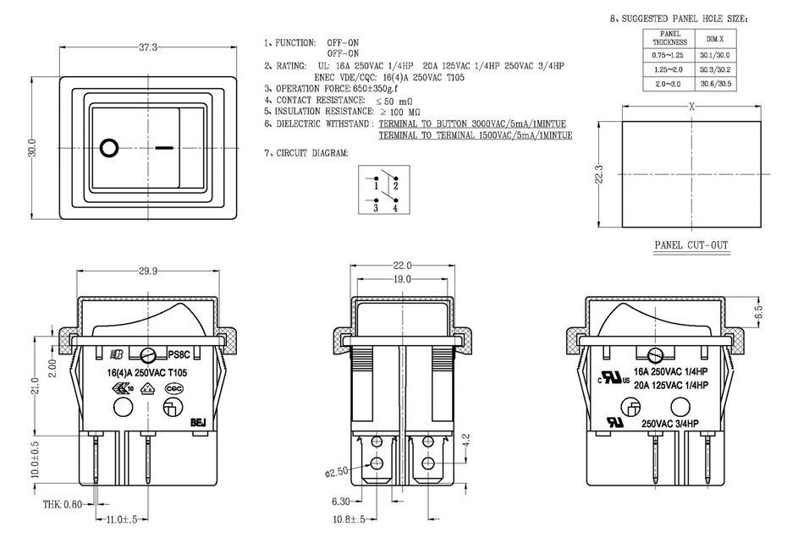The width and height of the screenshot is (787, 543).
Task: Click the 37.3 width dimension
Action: (148, 47)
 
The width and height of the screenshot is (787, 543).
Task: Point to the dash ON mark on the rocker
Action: (165, 147)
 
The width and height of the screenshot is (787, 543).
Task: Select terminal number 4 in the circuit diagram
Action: (395, 206)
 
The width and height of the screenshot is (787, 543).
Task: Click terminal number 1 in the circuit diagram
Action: (375, 184)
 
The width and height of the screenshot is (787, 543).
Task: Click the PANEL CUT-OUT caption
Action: (691, 245)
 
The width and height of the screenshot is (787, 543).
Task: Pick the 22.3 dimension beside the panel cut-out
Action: (599, 174)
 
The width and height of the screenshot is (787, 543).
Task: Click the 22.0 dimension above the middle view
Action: (402, 266)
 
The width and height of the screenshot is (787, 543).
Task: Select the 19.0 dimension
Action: (402, 279)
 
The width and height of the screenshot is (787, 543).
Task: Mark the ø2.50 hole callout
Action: (335, 471)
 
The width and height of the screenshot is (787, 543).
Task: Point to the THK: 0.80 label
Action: (64, 504)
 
